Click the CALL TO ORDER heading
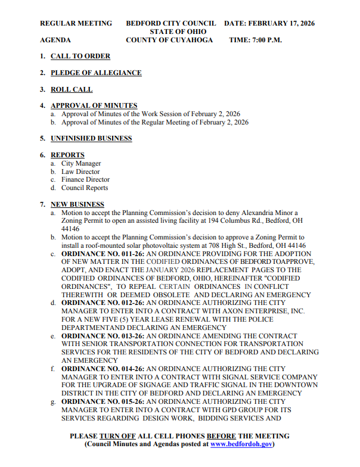pyautogui.click(x=80, y=56)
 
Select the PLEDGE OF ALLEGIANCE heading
pyautogui.click(x=96, y=73)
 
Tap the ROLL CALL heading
pyautogui.click(x=72, y=89)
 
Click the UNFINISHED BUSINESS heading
pyautogui.click(x=91, y=138)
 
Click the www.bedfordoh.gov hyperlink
pyautogui.click(x=241, y=444)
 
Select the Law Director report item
pyautogui.click(x=80, y=172)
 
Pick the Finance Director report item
pyautogui.click(x=85, y=179)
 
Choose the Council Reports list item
pyautogui.click(x=85, y=188)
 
